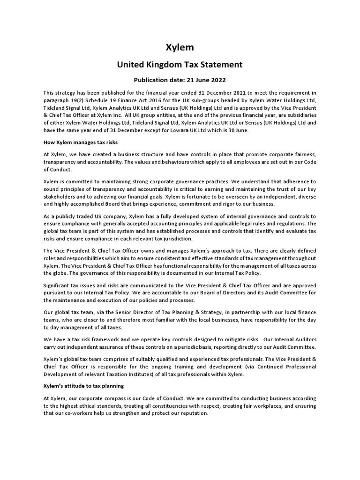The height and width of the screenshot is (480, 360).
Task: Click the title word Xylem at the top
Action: (x=180, y=47)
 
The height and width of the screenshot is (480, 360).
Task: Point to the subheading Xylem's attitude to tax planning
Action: (x=83, y=386)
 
